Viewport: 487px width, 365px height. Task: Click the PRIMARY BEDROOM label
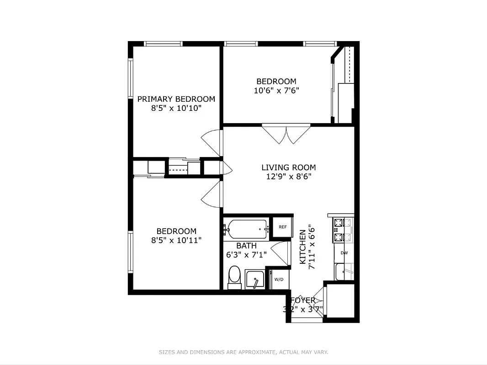pyautogui.click(x=176, y=99)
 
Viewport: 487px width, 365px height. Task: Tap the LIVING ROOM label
pyautogui.click(x=288, y=167)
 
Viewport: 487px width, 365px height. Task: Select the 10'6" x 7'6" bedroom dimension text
pyautogui.click(x=276, y=90)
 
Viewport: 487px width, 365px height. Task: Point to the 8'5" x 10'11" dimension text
pyautogui.click(x=176, y=240)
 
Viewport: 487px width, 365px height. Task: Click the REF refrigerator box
pyautogui.click(x=282, y=227)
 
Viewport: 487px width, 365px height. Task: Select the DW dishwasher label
pyautogui.click(x=344, y=253)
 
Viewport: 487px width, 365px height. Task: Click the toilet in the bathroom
pyautogui.click(x=234, y=276)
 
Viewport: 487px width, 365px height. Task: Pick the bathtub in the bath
pyautogui.click(x=247, y=229)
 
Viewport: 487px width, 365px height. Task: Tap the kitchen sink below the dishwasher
pyautogui.click(x=344, y=272)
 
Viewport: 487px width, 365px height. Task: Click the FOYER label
pyautogui.click(x=303, y=300)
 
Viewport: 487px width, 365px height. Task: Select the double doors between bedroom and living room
pyautogui.click(x=286, y=134)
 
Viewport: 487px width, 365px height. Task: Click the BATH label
pyautogui.click(x=246, y=246)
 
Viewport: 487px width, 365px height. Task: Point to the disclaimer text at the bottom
pyautogui.click(x=243, y=352)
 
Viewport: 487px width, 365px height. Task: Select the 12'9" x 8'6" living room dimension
pyautogui.click(x=288, y=177)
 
